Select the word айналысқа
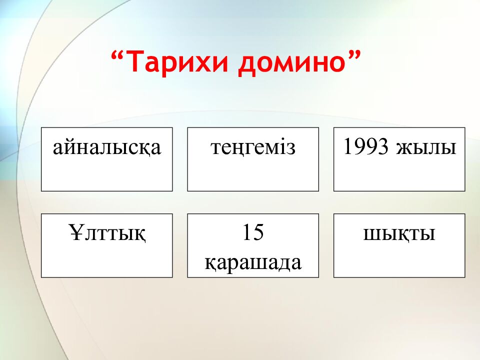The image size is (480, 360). tap(107, 148)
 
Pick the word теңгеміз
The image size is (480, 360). tap(253, 148)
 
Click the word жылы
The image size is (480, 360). tap(426, 148)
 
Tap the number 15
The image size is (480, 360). tap(253, 233)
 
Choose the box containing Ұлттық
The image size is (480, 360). tap(107, 260)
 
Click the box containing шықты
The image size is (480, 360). tap(399, 260)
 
